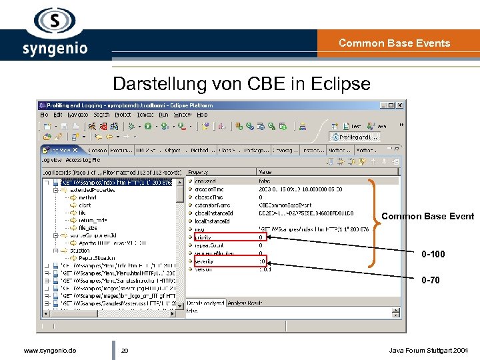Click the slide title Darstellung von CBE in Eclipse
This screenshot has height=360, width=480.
tap(241, 84)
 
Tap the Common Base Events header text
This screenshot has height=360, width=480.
tap(394, 43)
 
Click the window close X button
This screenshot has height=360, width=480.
tap(400, 105)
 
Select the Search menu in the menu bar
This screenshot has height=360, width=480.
tap(101, 115)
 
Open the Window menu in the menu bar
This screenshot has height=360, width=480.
tap(182, 115)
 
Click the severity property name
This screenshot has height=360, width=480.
tap(204, 261)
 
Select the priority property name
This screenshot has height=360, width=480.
tap(203, 237)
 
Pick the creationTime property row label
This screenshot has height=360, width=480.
tap(209, 189)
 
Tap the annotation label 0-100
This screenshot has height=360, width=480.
tap(433, 254)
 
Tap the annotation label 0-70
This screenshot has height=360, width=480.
tap(430, 280)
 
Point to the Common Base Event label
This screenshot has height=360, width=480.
tap(427, 216)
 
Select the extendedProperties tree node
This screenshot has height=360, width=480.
tap(93, 189)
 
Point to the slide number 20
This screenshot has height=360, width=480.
tap(124, 350)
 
